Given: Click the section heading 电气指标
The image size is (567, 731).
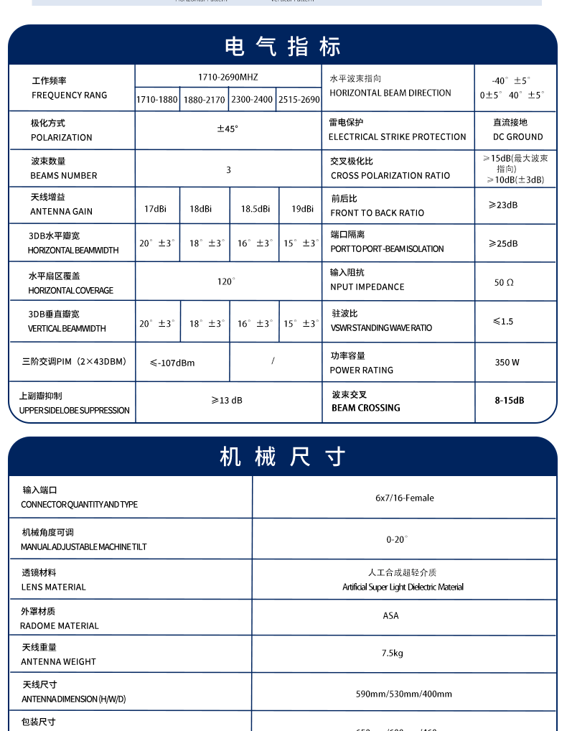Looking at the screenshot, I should [282, 47].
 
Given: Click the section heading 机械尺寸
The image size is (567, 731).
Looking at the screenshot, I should [282, 457].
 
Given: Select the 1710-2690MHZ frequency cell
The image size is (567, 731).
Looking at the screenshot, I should [228, 77].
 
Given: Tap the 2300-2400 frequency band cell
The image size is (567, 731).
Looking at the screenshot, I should [251, 100].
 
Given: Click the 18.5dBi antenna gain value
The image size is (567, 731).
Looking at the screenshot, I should [255, 209].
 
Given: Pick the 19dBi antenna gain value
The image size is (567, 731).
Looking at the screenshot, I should [302, 209].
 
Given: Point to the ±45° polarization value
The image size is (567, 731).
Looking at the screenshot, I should [228, 129].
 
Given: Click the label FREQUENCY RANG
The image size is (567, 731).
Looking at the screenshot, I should [70, 96].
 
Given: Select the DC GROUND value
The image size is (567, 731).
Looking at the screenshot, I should [517, 136].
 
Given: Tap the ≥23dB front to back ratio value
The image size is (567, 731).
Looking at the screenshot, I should [503, 205].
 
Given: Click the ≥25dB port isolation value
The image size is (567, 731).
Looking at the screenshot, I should [503, 244].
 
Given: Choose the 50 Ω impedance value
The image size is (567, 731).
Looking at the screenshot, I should [504, 283].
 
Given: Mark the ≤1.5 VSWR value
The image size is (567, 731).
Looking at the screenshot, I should [503, 322].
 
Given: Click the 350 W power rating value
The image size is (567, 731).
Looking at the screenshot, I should [507, 363].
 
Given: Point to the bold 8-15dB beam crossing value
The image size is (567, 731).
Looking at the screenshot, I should [509, 401].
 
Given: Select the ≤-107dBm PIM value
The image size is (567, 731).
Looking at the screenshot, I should [172, 363].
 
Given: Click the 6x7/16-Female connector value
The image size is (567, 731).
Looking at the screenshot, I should [404, 498].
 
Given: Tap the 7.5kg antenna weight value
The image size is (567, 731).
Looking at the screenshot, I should [392, 653].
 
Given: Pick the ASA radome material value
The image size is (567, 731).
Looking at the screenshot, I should [390, 616].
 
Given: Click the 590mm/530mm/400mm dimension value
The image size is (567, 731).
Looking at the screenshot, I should [404, 694].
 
